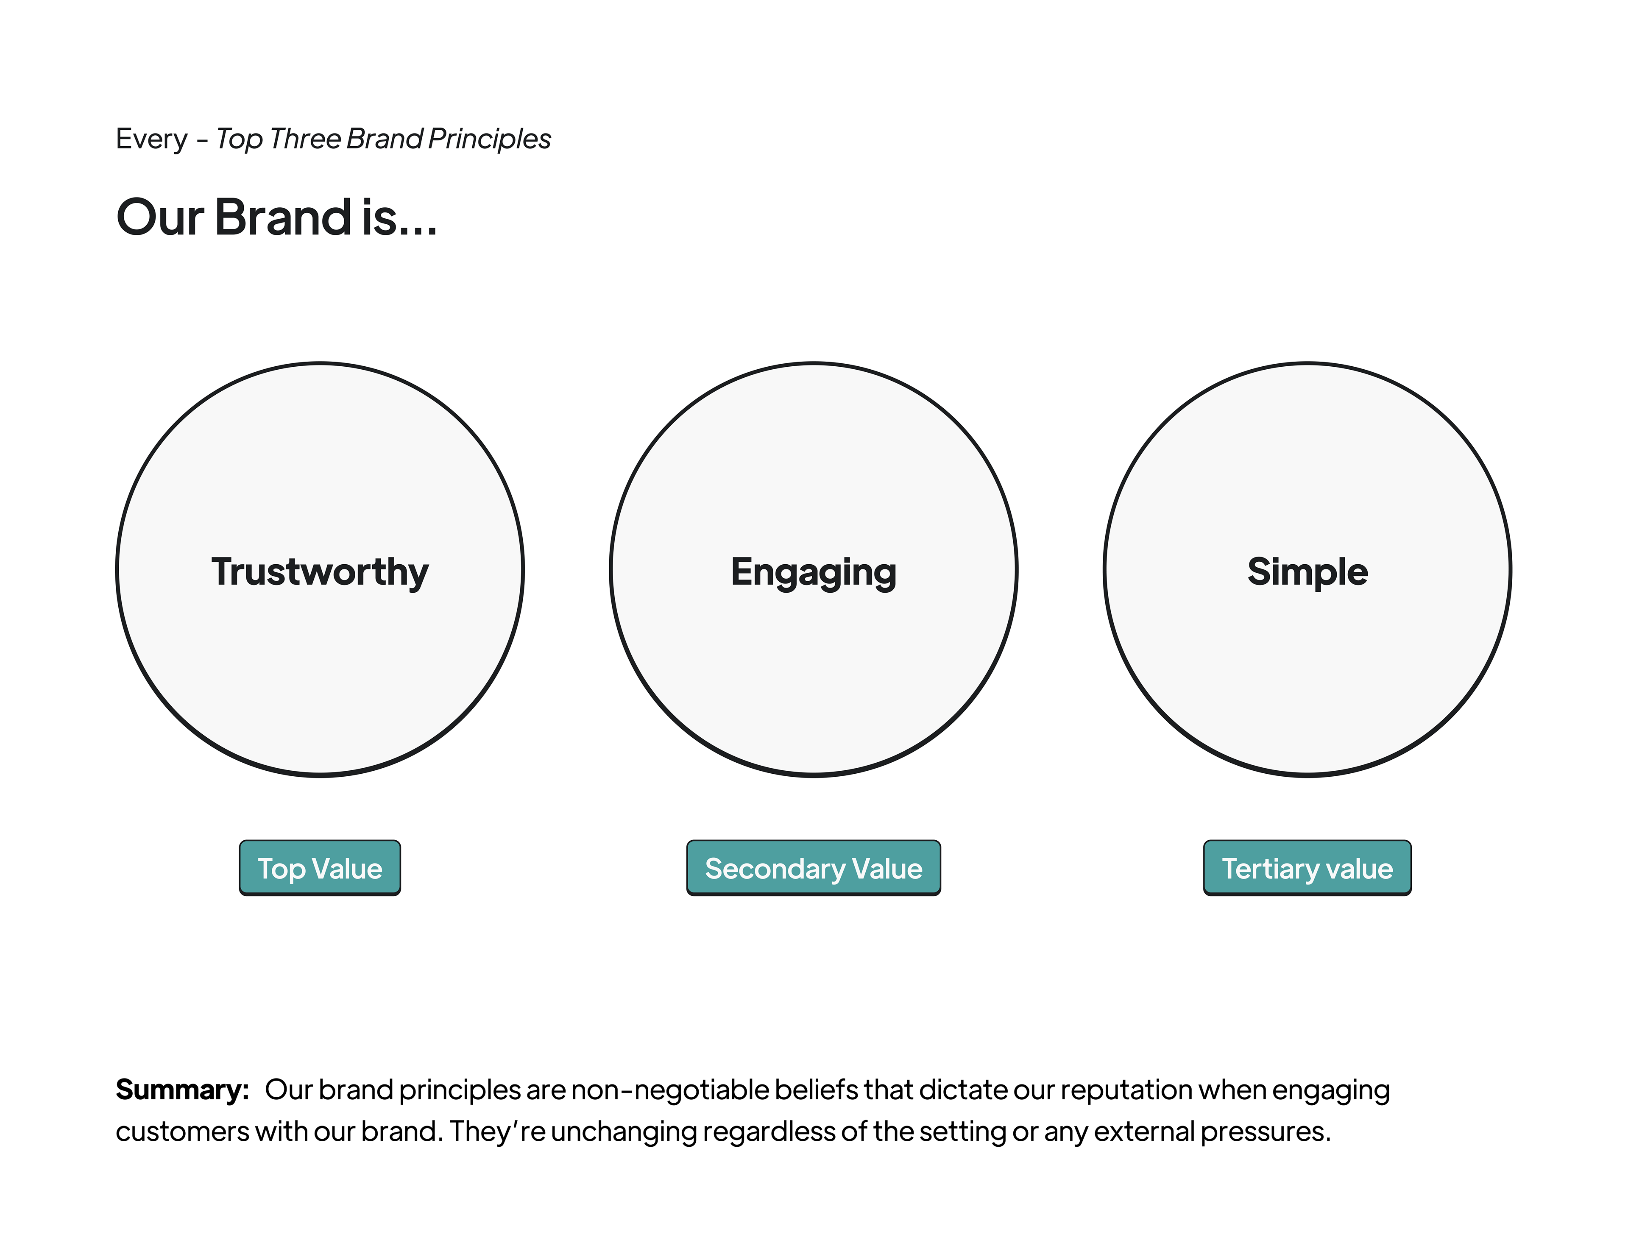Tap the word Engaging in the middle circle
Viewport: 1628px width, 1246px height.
[814, 573]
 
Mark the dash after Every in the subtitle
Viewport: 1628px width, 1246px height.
[202, 139]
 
